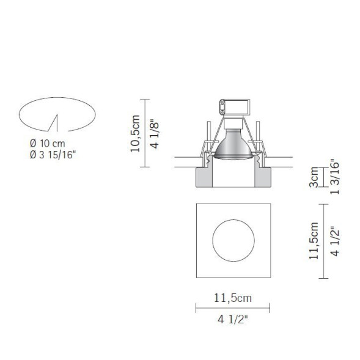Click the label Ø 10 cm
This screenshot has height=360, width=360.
pyautogui.click(x=47, y=143)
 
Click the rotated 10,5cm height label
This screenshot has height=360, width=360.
pyautogui.click(x=137, y=133)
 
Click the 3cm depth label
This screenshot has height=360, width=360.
pyautogui.click(x=314, y=178)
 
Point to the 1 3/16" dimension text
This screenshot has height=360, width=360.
pyautogui.click(x=333, y=177)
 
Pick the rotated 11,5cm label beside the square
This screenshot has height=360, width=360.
pyautogui.click(x=313, y=240)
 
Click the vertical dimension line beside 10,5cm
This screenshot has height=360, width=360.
pyautogui.click(x=145, y=133)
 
